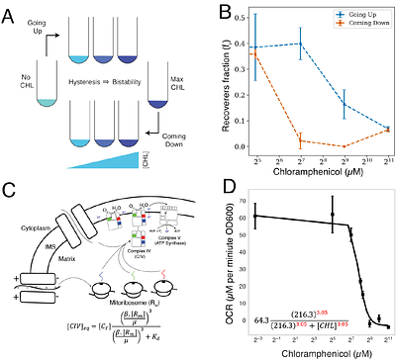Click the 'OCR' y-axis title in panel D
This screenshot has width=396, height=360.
tap(215, 262)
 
